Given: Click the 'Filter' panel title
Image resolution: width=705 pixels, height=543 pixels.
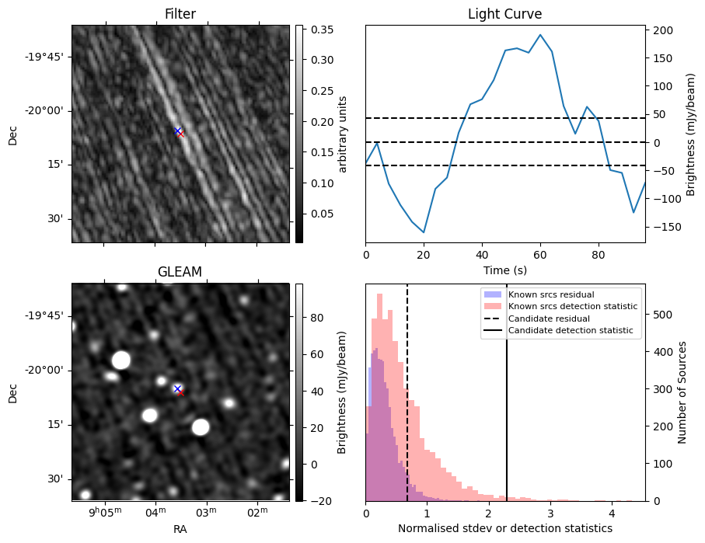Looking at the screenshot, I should [x=180, y=14].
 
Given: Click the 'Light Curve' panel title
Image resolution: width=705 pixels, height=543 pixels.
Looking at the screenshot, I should [x=504, y=14].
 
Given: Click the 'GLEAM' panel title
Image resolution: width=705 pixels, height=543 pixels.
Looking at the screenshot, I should [x=180, y=272].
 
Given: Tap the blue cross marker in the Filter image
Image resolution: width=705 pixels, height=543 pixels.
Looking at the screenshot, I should [x=177, y=131].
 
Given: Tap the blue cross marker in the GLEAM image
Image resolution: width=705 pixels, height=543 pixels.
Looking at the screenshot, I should [x=177, y=388].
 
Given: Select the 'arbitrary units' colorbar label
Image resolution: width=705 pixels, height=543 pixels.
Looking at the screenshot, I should [x=343, y=134].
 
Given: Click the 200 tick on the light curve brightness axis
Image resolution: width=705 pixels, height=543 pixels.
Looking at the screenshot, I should [x=660, y=30].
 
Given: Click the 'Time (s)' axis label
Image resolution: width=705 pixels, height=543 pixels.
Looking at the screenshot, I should [x=504, y=269].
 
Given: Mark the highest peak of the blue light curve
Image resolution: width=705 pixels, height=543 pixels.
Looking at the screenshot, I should [x=540, y=35].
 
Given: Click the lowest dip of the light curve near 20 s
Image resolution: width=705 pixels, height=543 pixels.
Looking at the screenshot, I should [x=424, y=232].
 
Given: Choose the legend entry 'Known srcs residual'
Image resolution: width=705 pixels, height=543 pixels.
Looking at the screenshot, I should [x=550, y=294].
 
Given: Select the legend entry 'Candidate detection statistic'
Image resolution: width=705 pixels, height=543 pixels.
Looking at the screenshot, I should [x=570, y=331].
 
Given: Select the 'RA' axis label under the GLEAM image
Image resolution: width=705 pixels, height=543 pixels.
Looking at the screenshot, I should [x=180, y=529].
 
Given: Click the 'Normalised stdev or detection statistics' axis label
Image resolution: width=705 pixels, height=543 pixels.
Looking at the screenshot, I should [x=504, y=528].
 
